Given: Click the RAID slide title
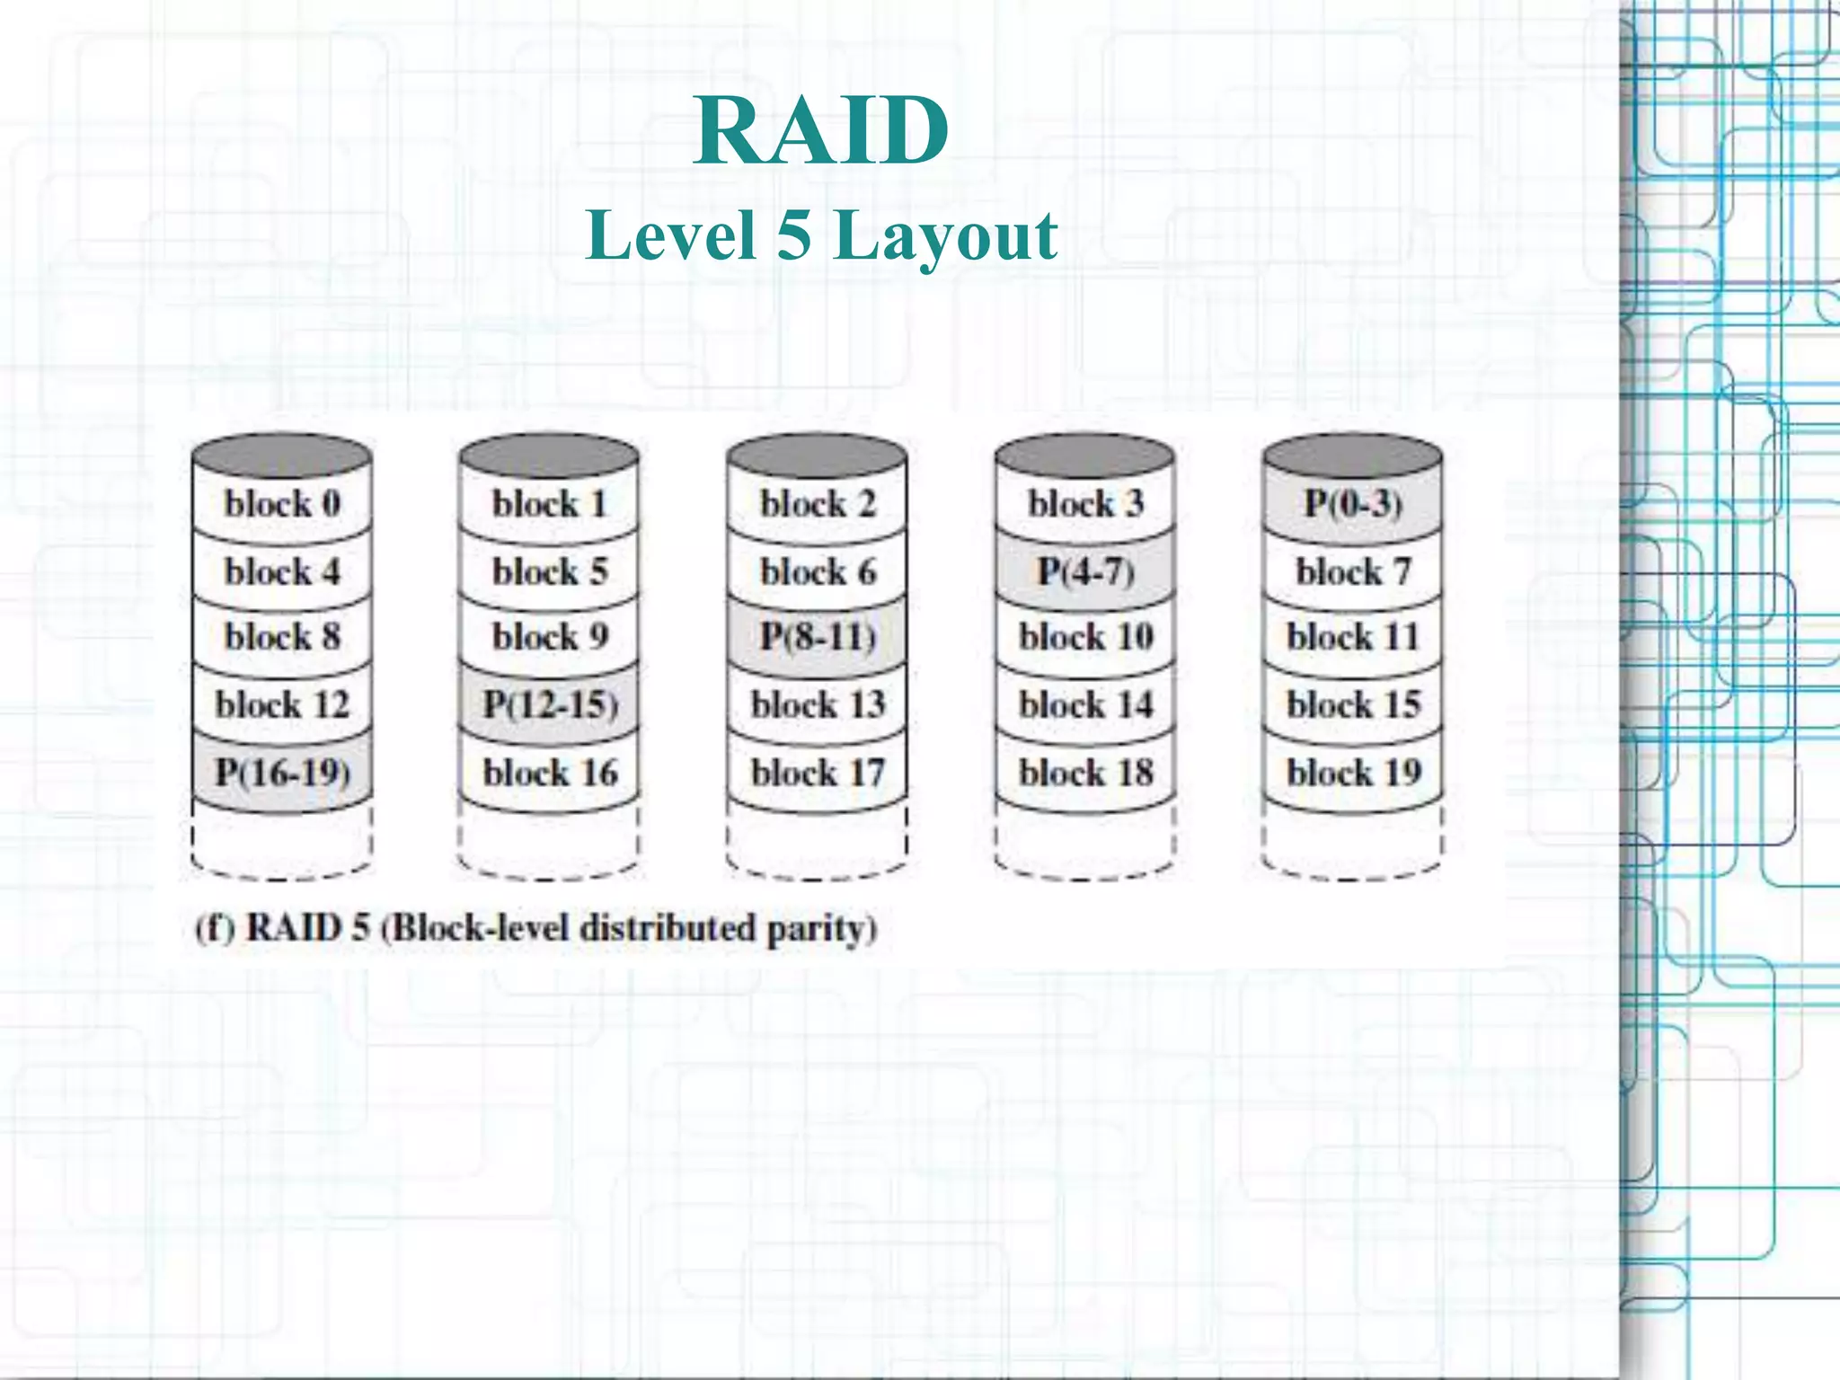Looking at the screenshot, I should coord(820,132).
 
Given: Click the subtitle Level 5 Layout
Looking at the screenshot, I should coord(820,235).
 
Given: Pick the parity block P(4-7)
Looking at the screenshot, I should coord(1085,571).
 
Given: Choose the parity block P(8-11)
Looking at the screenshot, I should coord(818,637).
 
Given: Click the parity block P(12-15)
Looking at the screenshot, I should coord(550,704).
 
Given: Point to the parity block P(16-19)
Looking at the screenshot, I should coord(282,772).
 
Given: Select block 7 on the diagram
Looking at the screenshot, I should coord(1352,571).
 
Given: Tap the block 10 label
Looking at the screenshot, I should coord(1085,637).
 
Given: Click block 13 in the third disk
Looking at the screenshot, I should coord(818,704).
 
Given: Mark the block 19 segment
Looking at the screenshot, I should coord(1352,772).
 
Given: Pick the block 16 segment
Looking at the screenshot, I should coord(550,772).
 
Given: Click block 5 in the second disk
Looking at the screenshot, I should coord(550,571).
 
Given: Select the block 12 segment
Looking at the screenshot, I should coord(282,704).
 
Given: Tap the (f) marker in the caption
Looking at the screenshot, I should coord(215,927).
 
